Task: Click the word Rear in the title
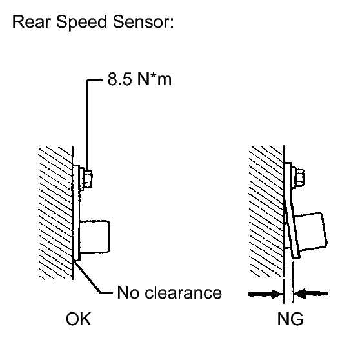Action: click(x=31, y=22)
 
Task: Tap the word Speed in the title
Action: click(x=82, y=23)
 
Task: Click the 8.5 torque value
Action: click(x=119, y=79)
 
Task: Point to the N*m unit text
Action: click(x=154, y=79)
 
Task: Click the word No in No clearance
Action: click(x=128, y=292)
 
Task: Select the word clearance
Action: click(x=183, y=292)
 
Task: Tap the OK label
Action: click(x=79, y=319)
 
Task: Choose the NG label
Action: click(x=290, y=319)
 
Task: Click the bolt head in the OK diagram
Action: click(x=88, y=179)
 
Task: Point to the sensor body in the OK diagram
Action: click(x=95, y=237)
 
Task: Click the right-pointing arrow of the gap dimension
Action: click(x=266, y=294)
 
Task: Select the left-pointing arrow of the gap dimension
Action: click(x=311, y=294)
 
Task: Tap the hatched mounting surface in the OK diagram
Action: click(x=55, y=213)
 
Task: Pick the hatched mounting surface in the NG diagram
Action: click(x=266, y=212)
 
